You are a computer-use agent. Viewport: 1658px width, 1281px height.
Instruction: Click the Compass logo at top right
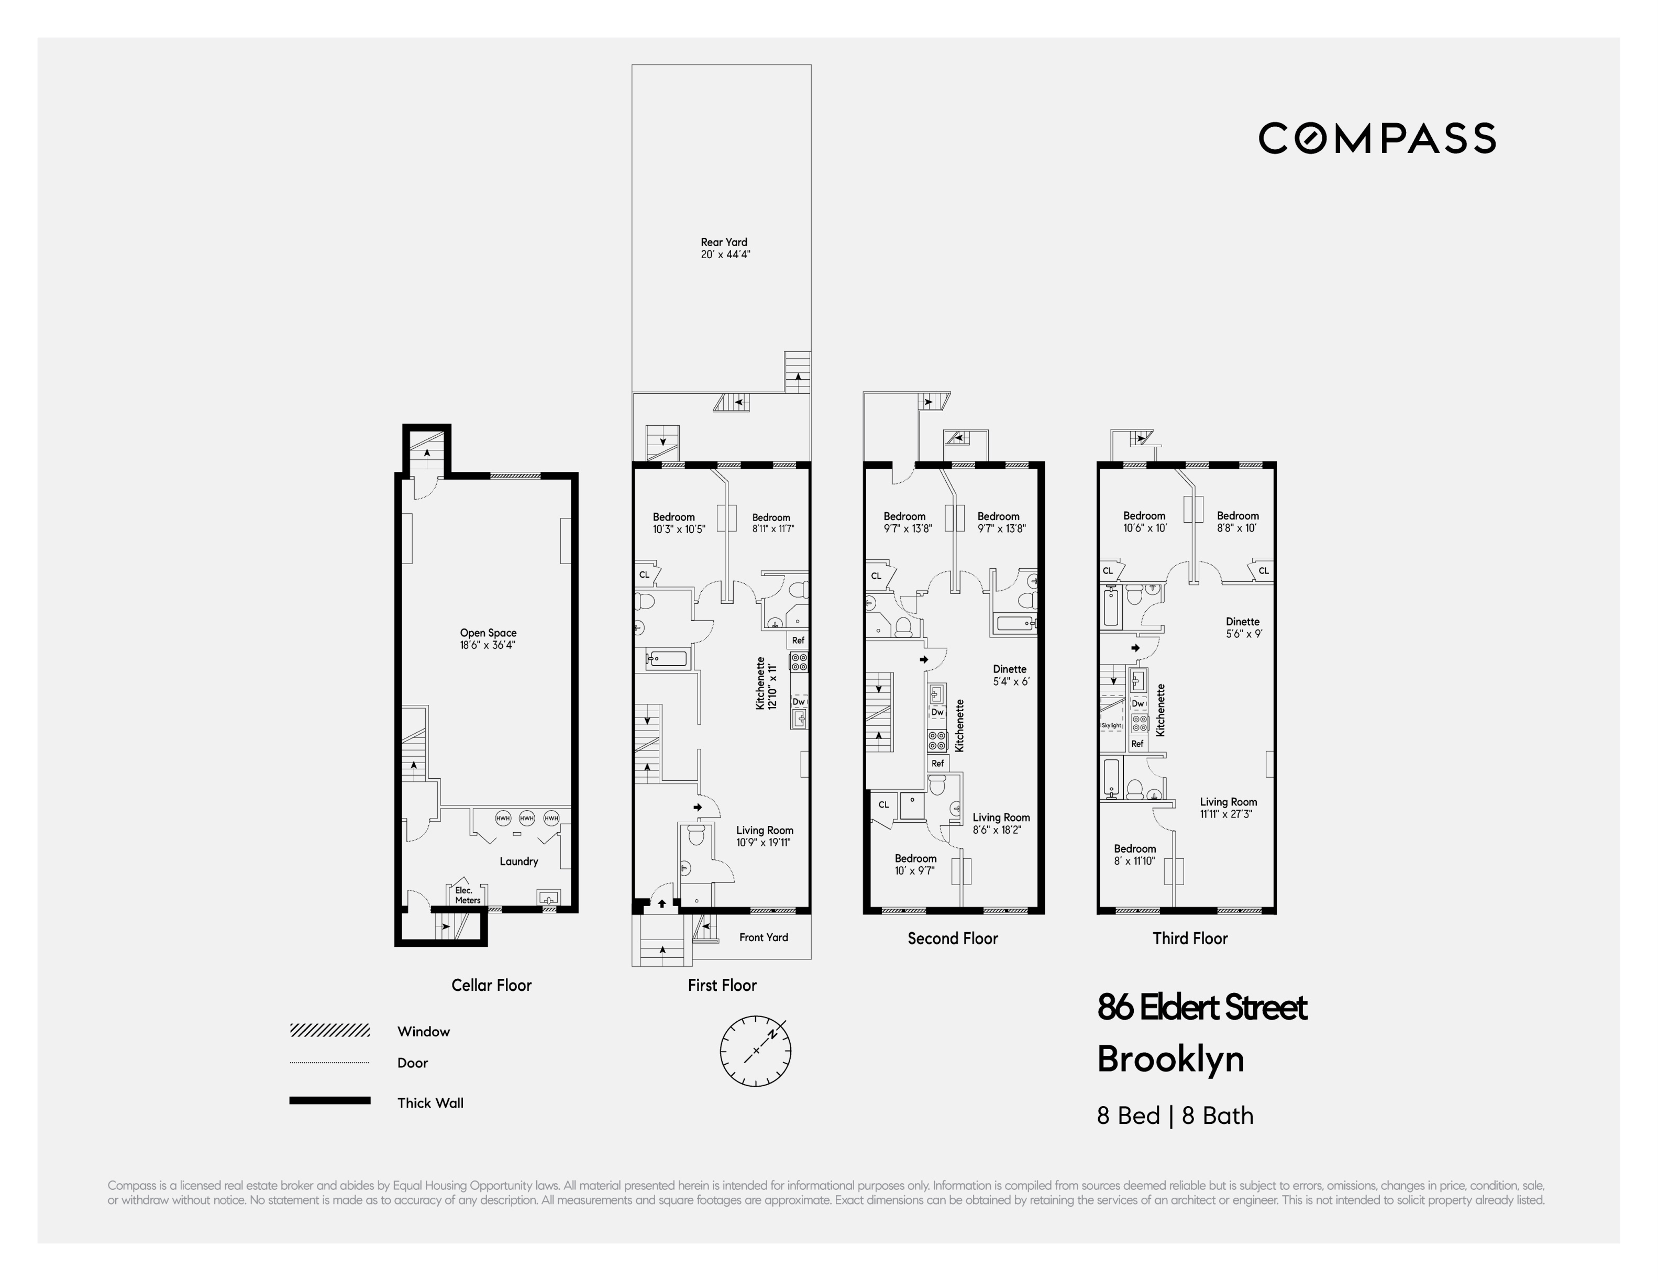coord(1376,138)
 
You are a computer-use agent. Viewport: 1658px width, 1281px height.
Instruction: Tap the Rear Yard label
coord(724,248)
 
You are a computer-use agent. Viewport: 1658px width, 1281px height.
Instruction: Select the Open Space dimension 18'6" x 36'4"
coord(488,645)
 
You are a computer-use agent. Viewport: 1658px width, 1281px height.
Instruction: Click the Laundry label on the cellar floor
coord(518,861)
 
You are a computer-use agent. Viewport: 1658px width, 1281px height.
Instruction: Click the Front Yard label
coord(763,937)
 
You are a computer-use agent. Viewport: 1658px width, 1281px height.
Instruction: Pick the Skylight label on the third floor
coord(1111,726)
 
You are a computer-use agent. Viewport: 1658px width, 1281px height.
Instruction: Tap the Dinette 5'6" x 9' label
coord(1243,627)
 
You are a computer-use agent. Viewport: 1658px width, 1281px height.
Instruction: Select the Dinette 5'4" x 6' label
coord(1010,675)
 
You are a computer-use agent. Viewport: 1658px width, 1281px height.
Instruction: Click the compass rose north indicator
coord(773,1033)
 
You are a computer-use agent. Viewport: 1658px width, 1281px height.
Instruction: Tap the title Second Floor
coord(952,938)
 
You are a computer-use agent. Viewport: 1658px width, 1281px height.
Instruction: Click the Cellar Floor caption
coord(491,985)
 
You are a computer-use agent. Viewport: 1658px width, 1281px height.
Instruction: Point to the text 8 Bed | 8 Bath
coord(1175,1116)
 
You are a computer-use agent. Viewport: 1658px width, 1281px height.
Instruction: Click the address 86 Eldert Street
coord(1202,1008)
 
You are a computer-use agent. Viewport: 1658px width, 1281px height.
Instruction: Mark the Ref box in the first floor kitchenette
coord(798,640)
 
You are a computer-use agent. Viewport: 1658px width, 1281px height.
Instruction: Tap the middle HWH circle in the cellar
coord(527,818)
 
